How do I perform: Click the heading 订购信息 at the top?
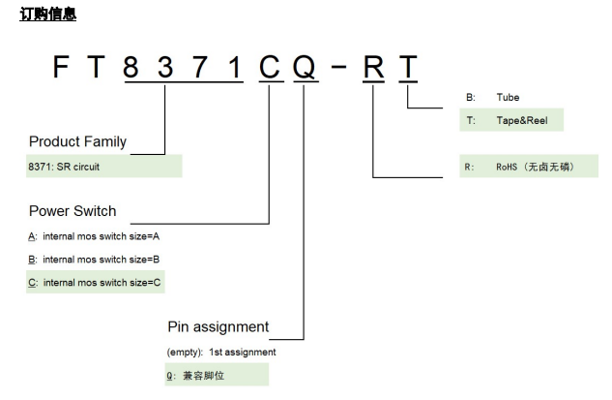pos(47,15)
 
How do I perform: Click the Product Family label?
pos(77,141)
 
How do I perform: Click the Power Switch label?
pos(73,210)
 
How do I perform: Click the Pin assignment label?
pos(218,326)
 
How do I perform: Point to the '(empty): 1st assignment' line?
pos(221,352)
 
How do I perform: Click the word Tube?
pos(509,97)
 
